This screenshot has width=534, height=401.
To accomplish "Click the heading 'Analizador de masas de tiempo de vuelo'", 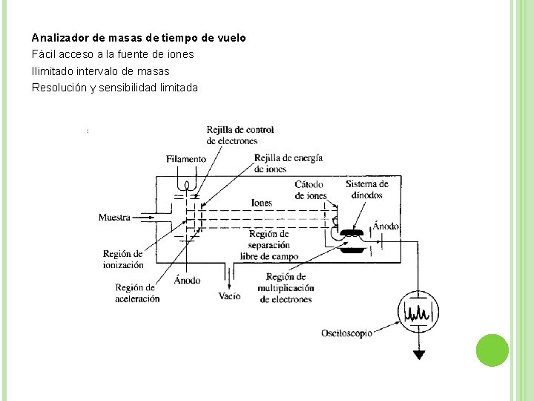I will point(139,37).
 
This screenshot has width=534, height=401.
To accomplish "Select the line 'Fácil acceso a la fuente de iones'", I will point(113,54).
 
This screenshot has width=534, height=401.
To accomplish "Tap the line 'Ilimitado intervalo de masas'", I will point(101,71).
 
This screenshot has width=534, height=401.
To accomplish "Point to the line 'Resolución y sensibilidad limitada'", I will point(115,88).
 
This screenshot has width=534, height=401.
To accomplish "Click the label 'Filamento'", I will point(186,159).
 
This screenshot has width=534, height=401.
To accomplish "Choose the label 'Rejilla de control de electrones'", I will point(240,135).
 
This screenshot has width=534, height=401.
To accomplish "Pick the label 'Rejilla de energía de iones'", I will point(288,163).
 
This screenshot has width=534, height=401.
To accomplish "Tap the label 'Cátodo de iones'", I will point(311,190).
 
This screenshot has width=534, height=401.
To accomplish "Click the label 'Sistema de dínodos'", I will point(366,189).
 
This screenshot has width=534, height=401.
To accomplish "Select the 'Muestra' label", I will point(114,218).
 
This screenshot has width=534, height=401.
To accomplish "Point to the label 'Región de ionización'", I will point(124,259).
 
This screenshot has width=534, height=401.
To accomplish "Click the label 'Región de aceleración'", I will point(137,293).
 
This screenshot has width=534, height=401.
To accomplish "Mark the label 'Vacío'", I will point(230,296).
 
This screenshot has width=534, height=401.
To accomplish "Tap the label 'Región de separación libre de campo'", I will point(269,245).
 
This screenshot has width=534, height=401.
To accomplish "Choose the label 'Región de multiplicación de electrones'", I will point(286,288).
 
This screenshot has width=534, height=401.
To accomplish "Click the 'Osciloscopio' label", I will point(346,333).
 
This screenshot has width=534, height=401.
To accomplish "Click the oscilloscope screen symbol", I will point(420,310).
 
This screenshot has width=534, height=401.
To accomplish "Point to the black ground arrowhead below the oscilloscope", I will point(420,354).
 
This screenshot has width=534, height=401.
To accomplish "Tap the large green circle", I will point(491,350).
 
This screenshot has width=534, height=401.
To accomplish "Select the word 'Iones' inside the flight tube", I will point(261,203).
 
